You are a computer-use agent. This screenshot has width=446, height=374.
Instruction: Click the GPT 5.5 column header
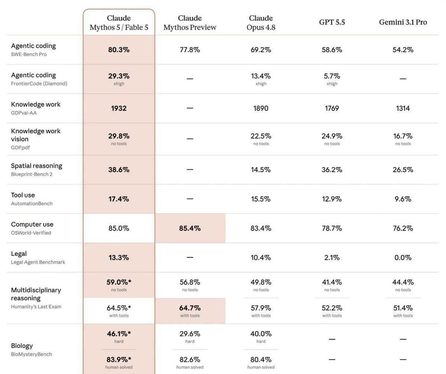pos(332,22)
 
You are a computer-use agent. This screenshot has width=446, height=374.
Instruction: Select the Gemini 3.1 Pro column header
pos(403,22)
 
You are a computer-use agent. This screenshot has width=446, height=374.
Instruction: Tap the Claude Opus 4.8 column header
pos(261,23)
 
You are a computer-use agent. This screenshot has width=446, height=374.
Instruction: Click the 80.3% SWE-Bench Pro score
pos(119,49)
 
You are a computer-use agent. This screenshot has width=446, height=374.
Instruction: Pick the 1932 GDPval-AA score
pos(119,108)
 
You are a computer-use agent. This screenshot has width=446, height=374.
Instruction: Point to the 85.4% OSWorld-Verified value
pos(190,228)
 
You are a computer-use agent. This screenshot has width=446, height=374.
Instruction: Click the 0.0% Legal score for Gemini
pos(403,258)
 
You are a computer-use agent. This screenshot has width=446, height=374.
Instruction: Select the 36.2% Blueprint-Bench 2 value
pos(332,170)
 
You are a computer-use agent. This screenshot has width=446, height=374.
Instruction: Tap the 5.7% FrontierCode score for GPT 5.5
pos(332,76)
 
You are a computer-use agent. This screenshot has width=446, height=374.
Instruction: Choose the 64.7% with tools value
pos(190,308)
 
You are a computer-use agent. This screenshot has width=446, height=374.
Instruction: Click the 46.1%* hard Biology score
pos(119,333)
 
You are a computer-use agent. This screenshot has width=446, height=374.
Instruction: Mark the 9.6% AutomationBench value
pos(403,199)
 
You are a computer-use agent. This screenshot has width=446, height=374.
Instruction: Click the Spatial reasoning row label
pos(36,166)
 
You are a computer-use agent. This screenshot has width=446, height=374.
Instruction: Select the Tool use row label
pos(23,195)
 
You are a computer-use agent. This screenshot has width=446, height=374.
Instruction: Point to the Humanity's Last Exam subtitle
pos(36,306)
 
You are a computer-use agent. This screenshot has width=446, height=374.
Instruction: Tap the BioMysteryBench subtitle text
pos(31,354)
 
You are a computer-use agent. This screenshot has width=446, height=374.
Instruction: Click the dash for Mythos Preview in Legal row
pos(190,258)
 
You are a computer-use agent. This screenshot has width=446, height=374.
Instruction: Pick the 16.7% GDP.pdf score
pos(403,136)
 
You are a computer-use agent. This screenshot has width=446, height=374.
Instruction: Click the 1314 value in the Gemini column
pos(403,108)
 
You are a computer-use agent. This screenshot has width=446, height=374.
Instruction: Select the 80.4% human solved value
pos(261,359)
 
